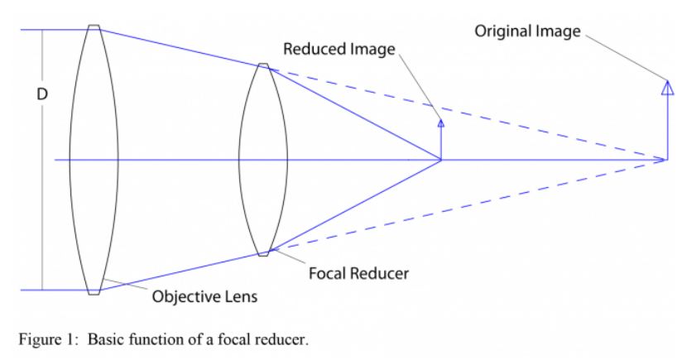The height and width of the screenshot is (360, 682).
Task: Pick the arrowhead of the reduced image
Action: point(440,122)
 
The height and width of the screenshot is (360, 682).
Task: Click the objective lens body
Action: point(94,159)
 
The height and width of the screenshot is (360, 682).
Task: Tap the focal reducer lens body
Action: point(262,159)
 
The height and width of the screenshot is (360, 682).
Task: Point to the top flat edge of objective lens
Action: point(94,26)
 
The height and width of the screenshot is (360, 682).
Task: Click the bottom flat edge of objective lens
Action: point(94,292)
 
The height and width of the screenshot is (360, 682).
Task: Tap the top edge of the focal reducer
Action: point(263,65)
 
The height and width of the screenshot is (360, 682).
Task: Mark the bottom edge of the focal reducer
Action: point(263,254)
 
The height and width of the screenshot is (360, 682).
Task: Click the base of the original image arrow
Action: point(666,159)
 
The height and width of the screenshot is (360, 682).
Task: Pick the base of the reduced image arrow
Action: point(440,159)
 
